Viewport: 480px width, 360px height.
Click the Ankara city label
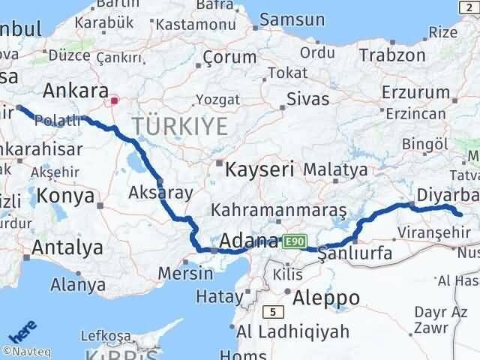coord(75,91)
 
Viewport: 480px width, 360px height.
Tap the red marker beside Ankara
coord(114,99)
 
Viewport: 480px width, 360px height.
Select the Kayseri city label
coord(261,169)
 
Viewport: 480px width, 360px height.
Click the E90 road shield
coord(295,241)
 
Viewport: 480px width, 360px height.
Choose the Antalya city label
coord(67,247)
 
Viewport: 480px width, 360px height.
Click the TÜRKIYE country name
coord(179,126)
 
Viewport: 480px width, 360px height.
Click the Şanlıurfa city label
coord(355,254)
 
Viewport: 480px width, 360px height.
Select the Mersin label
coord(185,274)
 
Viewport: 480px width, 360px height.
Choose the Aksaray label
coord(160,191)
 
